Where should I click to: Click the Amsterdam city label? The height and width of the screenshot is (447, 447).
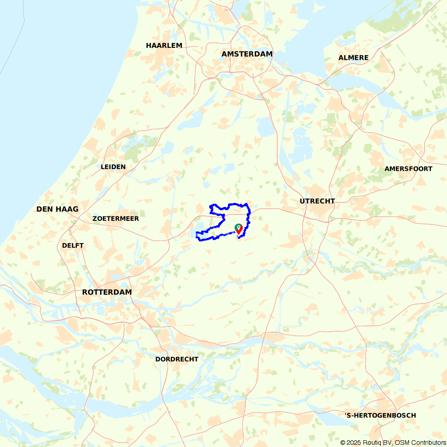247,54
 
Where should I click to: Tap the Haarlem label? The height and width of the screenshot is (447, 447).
164,46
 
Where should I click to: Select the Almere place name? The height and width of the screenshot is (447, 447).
353,58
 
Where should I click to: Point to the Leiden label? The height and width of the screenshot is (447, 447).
113,167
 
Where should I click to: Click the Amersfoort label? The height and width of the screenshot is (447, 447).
408,169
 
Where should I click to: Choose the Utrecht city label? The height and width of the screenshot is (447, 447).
317,201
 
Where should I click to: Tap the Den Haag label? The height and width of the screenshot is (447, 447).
57,209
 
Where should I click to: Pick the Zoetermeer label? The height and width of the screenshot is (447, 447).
115,219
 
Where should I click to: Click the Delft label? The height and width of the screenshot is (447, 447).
73,245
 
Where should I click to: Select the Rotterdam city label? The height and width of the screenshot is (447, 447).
107,292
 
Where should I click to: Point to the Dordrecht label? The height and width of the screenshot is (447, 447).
177,359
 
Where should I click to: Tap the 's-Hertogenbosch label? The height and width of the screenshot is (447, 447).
380,416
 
